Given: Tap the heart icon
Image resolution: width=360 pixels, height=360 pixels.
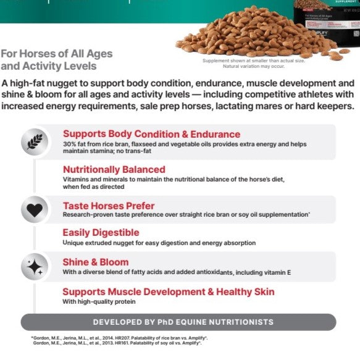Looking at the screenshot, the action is (x=35, y=209).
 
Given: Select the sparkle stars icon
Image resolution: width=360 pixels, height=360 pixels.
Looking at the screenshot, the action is (x=35, y=267).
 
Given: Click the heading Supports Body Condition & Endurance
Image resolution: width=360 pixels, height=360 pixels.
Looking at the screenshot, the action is (x=151, y=133).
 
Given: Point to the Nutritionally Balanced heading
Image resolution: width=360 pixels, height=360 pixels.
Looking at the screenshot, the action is (x=114, y=169).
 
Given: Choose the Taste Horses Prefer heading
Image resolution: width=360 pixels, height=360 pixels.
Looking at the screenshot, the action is (x=109, y=205).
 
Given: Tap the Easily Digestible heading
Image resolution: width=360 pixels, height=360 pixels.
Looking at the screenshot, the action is (x=101, y=233).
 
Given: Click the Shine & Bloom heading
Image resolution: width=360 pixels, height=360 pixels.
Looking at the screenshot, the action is (x=96, y=262).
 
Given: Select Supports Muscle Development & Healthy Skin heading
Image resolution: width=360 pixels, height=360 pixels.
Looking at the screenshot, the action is (x=169, y=291).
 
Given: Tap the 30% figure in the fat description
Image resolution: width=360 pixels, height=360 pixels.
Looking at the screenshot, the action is (x=69, y=143).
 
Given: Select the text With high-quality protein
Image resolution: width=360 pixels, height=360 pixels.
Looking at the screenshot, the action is (x=99, y=302).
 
